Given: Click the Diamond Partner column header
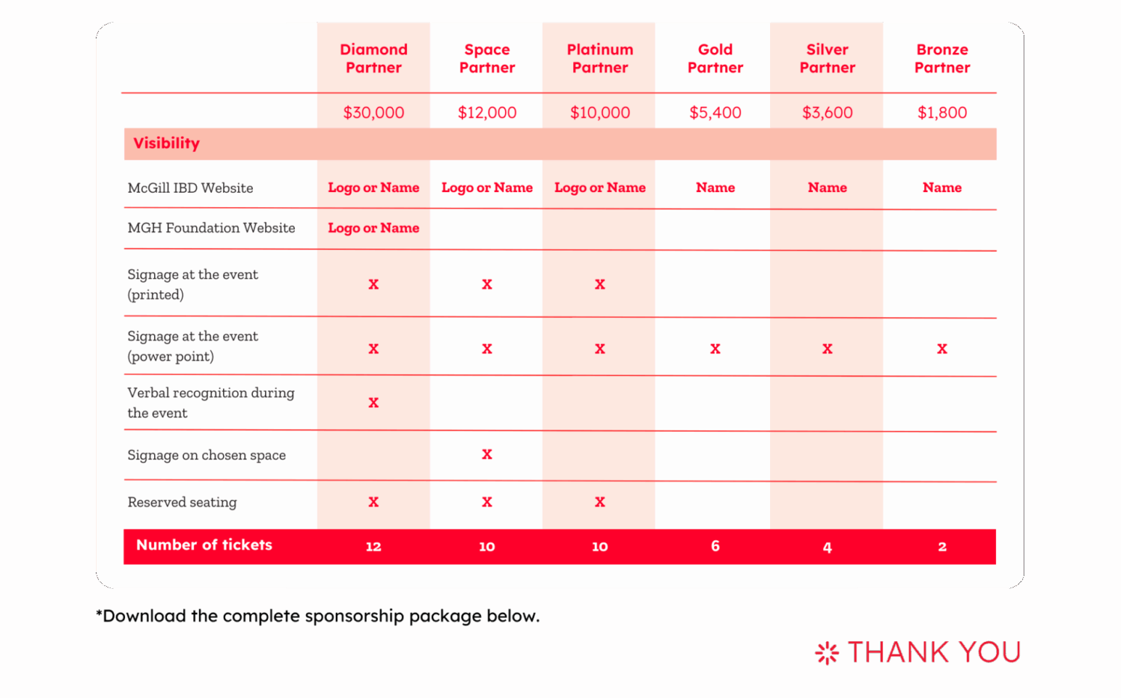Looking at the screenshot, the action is point(373,58).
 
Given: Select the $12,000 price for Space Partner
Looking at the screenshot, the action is point(487,112).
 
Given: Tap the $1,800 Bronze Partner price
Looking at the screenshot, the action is point(942,112).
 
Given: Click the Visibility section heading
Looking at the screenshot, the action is point(166,143).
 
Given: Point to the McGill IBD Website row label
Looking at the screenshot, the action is point(190,188).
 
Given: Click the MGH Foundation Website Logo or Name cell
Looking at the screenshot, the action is point(373,228).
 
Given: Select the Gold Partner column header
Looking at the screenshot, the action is point(715,58).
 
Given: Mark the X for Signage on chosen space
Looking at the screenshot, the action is point(487,454).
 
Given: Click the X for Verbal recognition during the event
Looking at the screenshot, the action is point(373,403).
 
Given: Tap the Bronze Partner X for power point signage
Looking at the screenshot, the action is point(942,348).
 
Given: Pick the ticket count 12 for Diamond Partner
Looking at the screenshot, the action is point(373,546).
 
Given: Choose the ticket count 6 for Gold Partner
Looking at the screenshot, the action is point(715,546).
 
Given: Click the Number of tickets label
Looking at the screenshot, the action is point(204,545).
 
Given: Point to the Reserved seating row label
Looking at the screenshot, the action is point(182,502).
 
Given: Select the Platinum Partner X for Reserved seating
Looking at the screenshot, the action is point(599,502).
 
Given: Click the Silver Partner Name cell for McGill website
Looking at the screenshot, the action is point(827,188).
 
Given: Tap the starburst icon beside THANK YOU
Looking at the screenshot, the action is point(827,653).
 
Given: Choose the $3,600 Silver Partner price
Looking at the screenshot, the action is point(827,112).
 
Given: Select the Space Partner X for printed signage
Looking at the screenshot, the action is point(487,284).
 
